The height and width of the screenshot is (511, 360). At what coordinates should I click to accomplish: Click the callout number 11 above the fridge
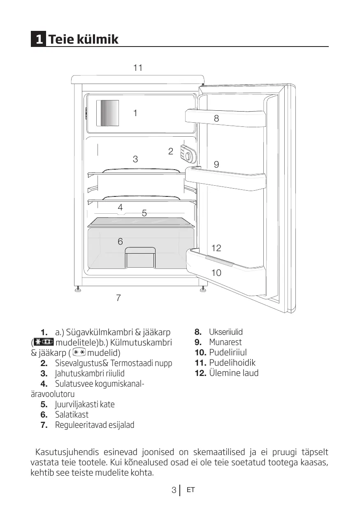click(138, 68)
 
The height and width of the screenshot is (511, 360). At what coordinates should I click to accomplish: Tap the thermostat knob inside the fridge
click(188, 156)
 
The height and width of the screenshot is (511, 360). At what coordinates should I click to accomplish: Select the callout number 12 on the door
click(216, 248)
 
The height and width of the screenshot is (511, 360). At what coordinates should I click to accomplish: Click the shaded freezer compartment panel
click(107, 113)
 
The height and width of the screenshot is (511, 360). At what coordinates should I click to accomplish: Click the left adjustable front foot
click(77, 289)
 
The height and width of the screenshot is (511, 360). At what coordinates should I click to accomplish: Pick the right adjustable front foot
click(203, 289)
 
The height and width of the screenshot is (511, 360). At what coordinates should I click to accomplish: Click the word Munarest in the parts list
click(225, 342)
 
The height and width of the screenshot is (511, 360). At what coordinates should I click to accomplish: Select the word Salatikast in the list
click(72, 415)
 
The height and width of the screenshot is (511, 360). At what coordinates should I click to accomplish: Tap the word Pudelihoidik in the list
click(232, 363)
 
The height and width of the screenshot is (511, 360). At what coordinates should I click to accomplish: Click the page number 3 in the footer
click(174, 490)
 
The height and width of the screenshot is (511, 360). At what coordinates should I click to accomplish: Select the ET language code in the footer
click(190, 490)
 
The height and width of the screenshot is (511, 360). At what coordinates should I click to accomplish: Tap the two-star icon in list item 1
click(80, 352)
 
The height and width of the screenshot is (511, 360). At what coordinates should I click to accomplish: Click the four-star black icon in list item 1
click(43, 343)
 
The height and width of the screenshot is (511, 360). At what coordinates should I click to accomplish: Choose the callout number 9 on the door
click(216, 164)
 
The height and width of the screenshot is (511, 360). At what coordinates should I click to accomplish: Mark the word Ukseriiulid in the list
click(226, 332)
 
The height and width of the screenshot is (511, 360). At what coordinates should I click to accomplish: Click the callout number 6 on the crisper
click(120, 242)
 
